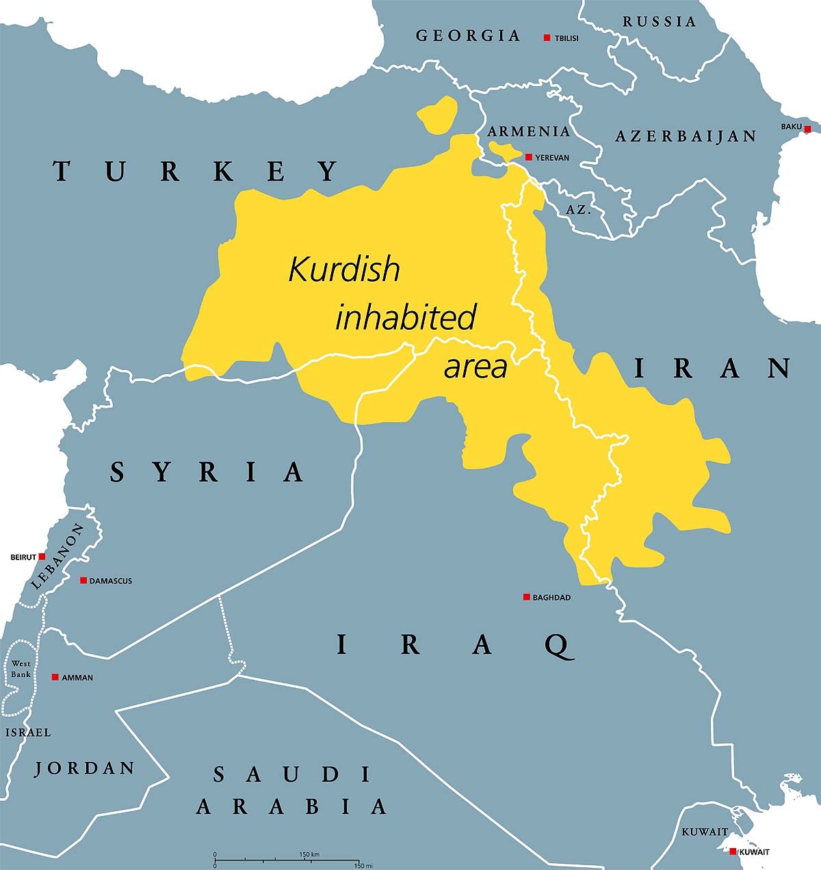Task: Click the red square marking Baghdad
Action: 526,597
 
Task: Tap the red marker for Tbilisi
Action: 547,38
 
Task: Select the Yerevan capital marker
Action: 528,157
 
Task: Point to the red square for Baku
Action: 807,129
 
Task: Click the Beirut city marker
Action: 42,557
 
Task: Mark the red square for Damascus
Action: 83,580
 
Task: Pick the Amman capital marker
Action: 55,677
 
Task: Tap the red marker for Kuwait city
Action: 733,852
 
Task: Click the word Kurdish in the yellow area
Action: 343,269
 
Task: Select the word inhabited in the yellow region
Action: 405,318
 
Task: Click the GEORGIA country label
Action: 468,36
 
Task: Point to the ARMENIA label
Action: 528,131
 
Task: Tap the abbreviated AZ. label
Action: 578,210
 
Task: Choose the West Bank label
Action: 21,669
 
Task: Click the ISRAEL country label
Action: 28,733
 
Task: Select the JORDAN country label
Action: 85,768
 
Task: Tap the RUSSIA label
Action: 659,22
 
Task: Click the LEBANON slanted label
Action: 57,557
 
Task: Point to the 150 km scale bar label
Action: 309,855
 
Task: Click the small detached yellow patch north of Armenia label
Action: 437,115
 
